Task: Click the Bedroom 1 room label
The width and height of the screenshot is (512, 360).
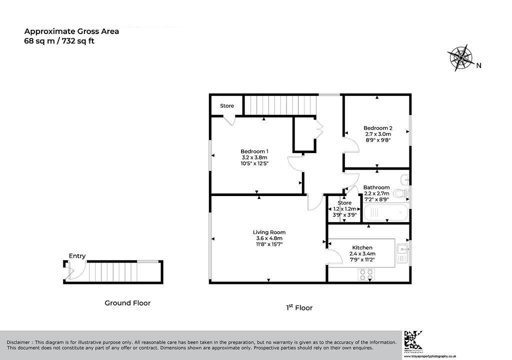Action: [x=254, y=151]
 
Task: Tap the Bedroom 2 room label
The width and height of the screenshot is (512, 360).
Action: [x=378, y=128]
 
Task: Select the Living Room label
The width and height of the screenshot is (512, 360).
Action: [x=269, y=232]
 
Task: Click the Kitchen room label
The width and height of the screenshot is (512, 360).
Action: [x=362, y=247]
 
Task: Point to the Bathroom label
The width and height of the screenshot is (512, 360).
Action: [x=376, y=187]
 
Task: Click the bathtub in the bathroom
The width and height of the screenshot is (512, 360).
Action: [x=385, y=212]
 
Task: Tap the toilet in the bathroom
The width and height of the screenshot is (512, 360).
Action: [x=400, y=193]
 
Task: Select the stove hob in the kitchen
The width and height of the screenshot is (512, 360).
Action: [x=365, y=274]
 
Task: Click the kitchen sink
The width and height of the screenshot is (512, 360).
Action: [x=402, y=253]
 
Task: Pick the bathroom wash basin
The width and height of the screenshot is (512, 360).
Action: [x=404, y=178]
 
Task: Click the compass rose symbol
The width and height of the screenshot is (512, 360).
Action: [x=460, y=58]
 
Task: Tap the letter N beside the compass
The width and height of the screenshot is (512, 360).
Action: [x=478, y=65]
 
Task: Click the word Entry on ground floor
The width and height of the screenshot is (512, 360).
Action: [x=77, y=256]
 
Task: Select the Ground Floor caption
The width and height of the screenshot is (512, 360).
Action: [x=127, y=303]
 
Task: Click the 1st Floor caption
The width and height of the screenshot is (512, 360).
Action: [x=299, y=307]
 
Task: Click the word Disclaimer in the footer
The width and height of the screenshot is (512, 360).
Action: [x=18, y=342]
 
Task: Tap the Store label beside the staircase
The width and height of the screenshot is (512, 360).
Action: [x=227, y=106]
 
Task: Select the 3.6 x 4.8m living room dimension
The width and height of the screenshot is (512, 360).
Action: [x=269, y=238]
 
